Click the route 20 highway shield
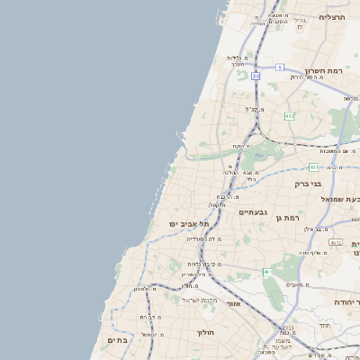(x=256, y=76)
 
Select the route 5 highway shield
(x=280, y=67)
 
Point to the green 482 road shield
(x=289, y=116)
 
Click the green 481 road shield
(x=313, y=166)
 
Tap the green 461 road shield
(x=267, y=272)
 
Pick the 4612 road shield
(x=336, y=242)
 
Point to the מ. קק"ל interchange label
(x=254, y=109)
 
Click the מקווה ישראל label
(x=200, y=299)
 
